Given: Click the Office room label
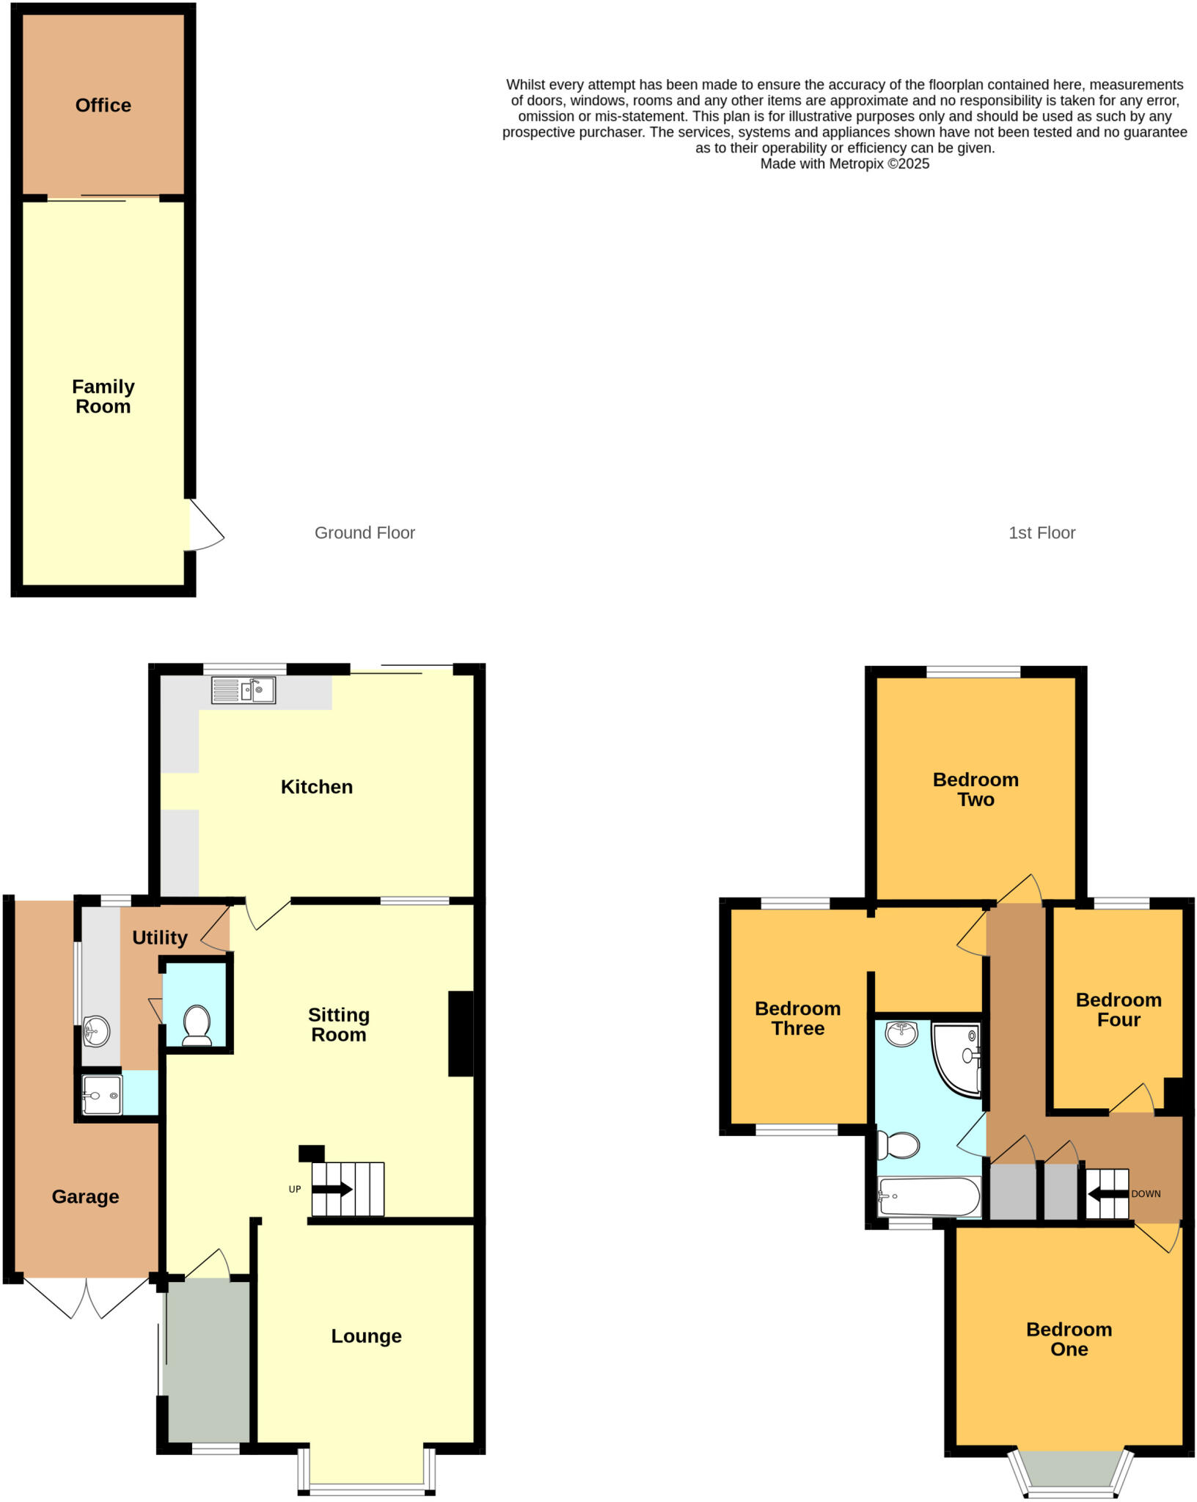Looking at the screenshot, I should pyautogui.click(x=103, y=106).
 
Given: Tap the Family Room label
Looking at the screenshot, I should pyautogui.click(x=103, y=397).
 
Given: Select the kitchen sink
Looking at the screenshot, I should pyautogui.click(x=244, y=690).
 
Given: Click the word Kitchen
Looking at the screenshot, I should pyautogui.click(x=316, y=787).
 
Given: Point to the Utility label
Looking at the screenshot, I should pyautogui.click(x=159, y=937).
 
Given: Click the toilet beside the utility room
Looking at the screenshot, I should pyautogui.click(x=197, y=1024).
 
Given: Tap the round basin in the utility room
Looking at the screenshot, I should pyautogui.click(x=96, y=1031).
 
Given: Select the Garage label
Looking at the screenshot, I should pyautogui.click(x=85, y=1197).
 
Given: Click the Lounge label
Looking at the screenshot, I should pyautogui.click(x=366, y=1336).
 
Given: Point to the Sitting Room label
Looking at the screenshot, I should pyautogui.click(x=338, y=1025).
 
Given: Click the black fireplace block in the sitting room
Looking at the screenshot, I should pyautogui.click(x=461, y=1034).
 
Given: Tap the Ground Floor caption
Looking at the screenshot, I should pyautogui.click(x=365, y=533).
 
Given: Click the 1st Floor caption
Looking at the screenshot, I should pyautogui.click(x=1042, y=533).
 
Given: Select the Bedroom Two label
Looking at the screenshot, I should pyautogui.click(x=975, y=789).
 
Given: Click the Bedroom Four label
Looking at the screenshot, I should pyautogui.click(x=1119, y=1010).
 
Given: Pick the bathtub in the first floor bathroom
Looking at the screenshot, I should pyautogui.click(x=929, y=1197).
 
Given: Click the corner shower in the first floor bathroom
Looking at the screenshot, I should pyautogui.click(x=959, y=1057).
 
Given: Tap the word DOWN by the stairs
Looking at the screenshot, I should pyautogui.click(x=1146, y=1194).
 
